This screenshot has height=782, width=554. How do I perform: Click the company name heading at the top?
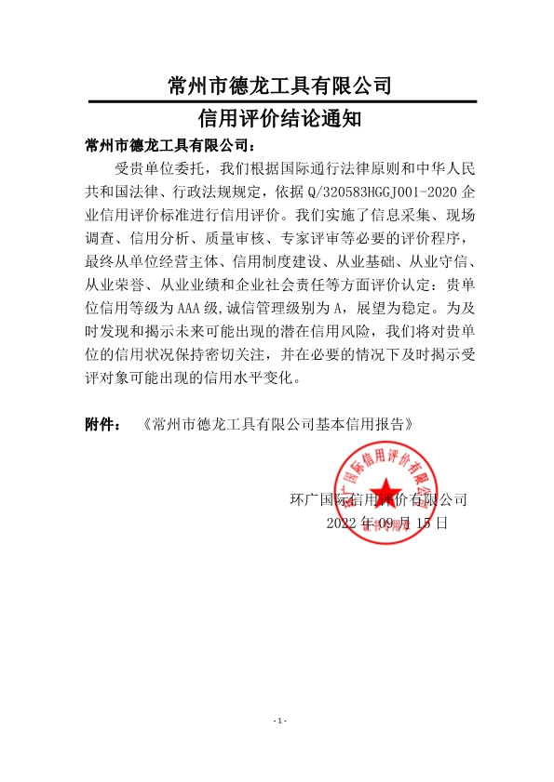(x=277, y=86)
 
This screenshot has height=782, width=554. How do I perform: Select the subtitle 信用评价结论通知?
(x=277, y=119)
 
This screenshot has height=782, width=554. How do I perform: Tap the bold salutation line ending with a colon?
(x=169, y=146)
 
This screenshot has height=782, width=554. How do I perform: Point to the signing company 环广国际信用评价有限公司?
(x=379, y=499)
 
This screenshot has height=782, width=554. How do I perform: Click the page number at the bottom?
(x=277, y=722)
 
